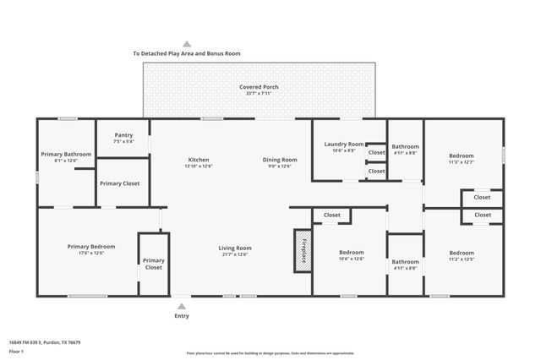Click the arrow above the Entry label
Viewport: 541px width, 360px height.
[x=181, y=305]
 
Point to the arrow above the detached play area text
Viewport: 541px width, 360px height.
[x=187, y=43]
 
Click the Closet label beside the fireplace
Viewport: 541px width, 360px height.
[x=332, y=215]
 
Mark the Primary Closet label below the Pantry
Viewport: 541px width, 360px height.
[x=119, y=183]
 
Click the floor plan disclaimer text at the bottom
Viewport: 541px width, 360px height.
[x=270, y=353]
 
